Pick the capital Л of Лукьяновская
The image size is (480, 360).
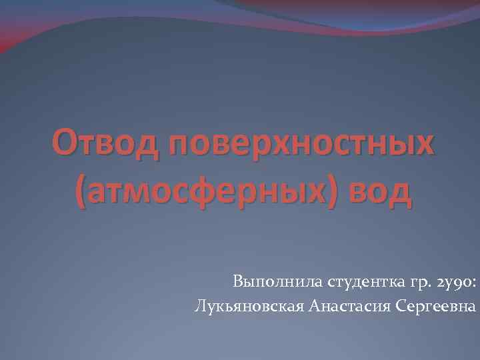(199, 307)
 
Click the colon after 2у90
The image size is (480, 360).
(473, 285)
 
